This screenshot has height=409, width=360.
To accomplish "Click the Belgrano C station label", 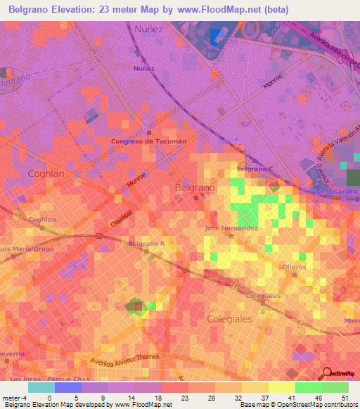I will (255, 169).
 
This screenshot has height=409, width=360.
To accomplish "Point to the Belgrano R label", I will (146, 244).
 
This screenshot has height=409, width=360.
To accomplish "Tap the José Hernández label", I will (231, 228).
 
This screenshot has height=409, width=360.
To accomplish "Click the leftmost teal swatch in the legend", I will (41, 387).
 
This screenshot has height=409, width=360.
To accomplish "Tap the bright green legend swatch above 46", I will (308, 387).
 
